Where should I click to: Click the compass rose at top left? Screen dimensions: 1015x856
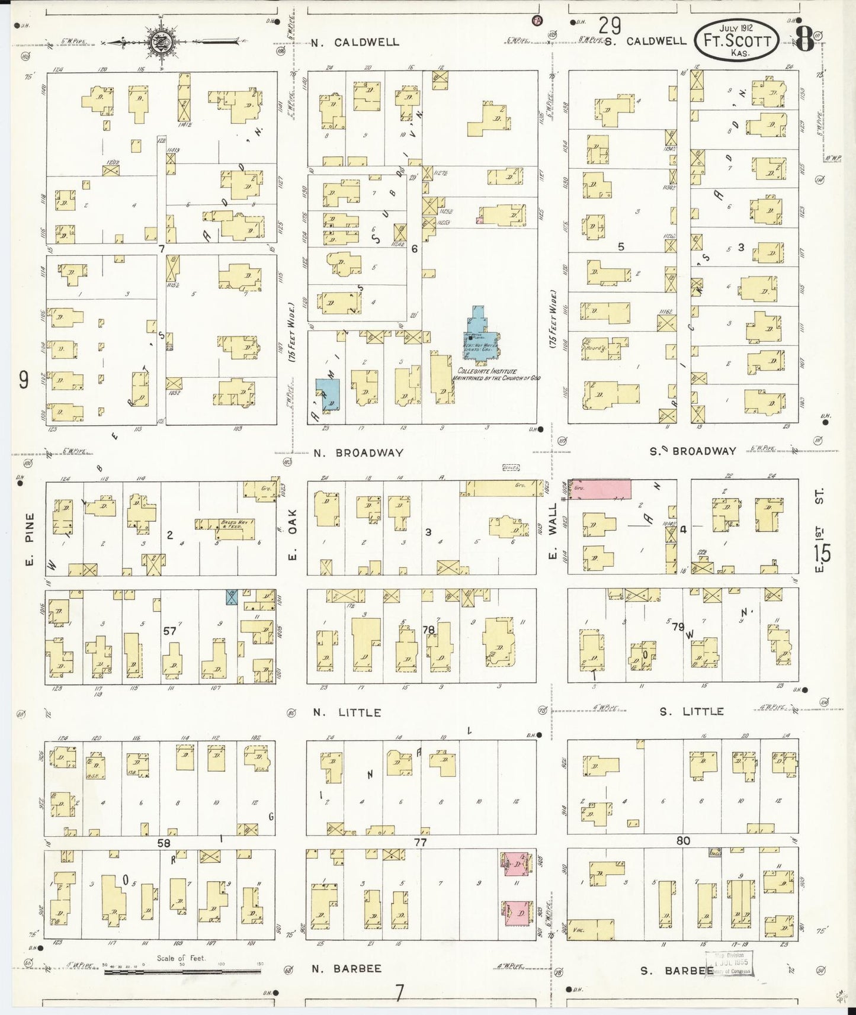[158, 42]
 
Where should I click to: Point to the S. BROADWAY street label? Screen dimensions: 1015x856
[693, 451]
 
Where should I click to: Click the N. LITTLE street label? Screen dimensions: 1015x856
[347, 712]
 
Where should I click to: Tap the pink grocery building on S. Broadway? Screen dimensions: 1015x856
[599, 489]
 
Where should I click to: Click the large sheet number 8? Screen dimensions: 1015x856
[804, 40]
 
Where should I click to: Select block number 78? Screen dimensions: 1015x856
[428, 629]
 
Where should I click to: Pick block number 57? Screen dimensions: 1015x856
[170, 631]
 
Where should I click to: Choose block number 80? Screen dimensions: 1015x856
[682, 840]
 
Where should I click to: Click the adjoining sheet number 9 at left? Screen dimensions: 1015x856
[24, 380]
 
